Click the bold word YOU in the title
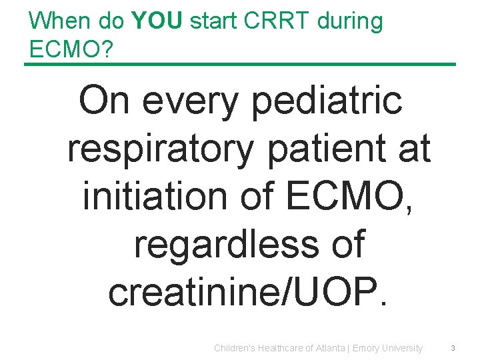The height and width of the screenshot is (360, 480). pos(158,21)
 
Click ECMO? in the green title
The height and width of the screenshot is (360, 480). pos(69,49)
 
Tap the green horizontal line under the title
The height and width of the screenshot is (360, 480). pos(240,65)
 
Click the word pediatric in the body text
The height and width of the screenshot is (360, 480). pos(319,101)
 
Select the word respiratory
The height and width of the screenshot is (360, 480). pos(161,149)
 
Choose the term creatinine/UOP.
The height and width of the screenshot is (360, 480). pos(247,291)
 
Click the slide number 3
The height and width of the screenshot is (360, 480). pos(453,348)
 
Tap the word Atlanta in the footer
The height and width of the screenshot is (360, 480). pos(330,348)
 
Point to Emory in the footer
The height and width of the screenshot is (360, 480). pos(365,348)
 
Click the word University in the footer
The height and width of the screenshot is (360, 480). pos(402,348)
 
